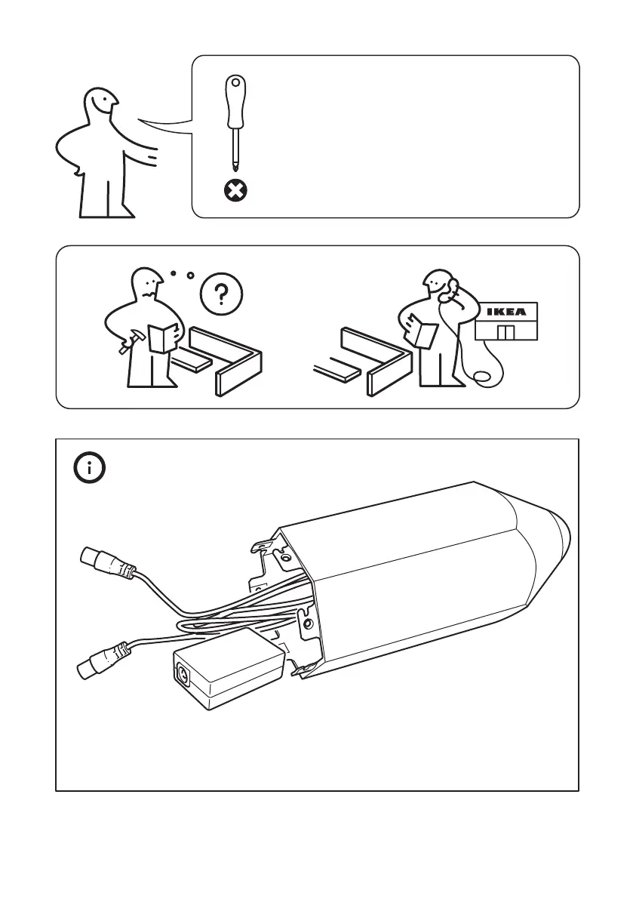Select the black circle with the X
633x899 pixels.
[236, 191]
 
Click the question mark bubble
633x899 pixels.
[220, 294]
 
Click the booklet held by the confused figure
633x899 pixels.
[163, 337]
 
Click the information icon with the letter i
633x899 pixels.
[90, 468]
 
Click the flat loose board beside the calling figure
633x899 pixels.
[339, 369]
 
